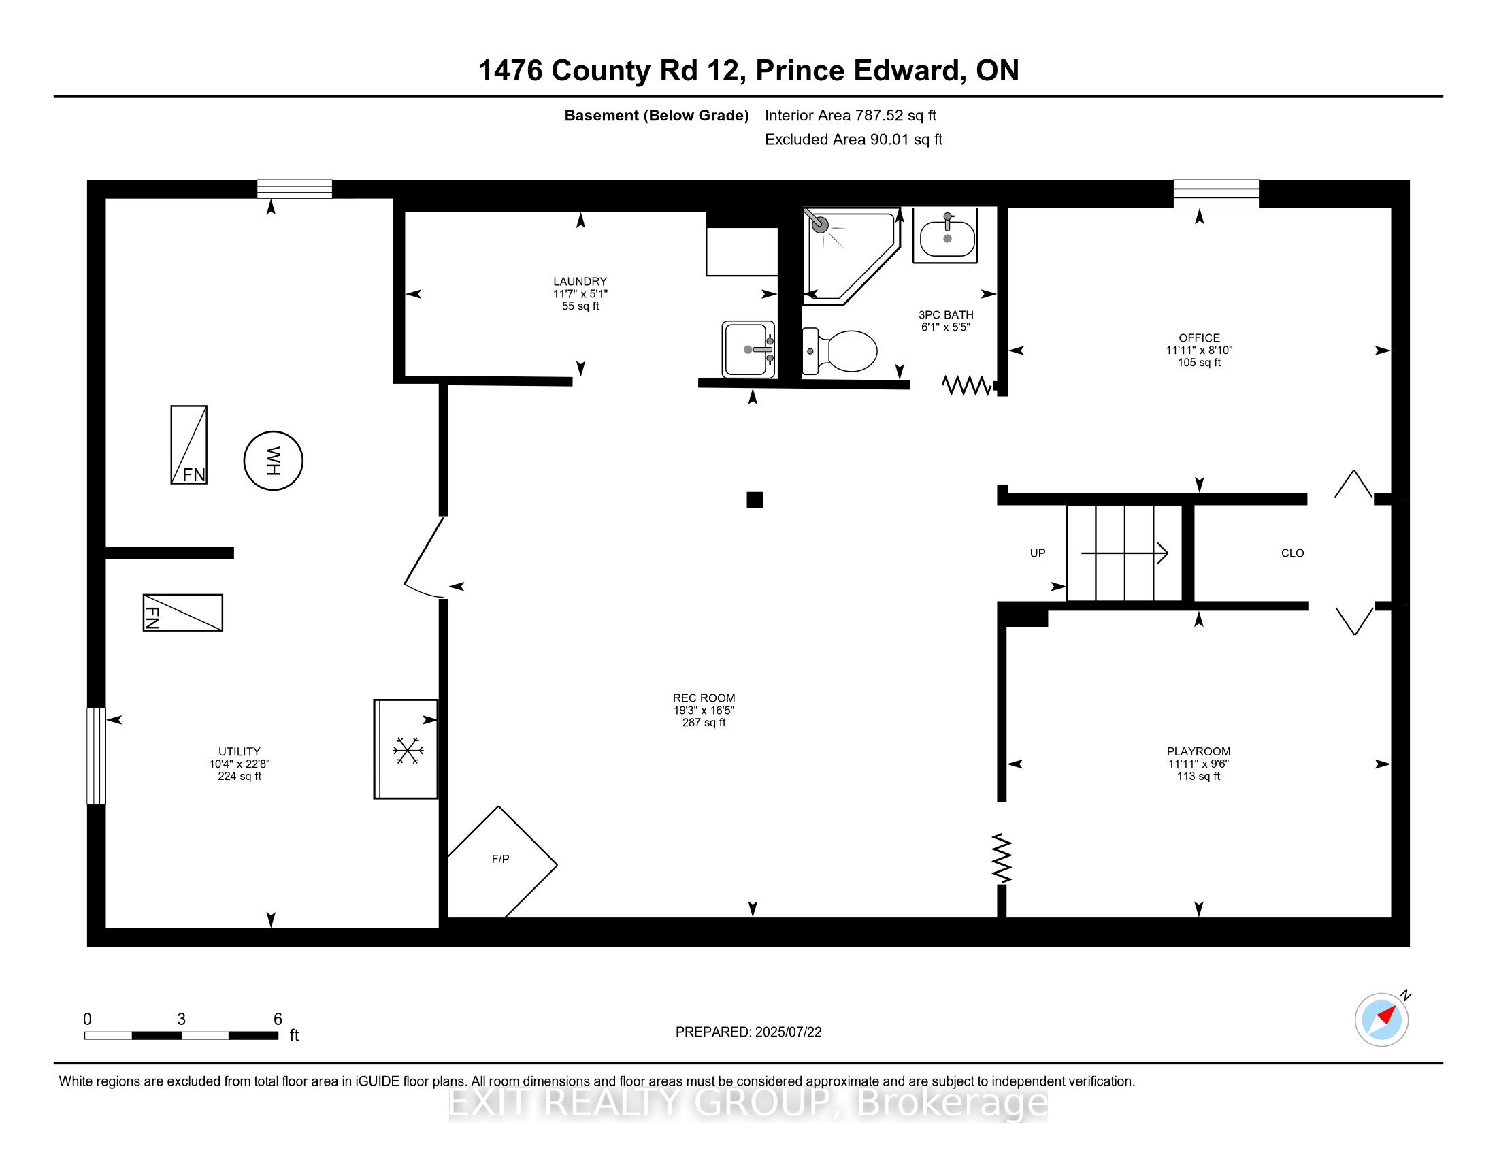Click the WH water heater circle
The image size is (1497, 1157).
(x=274, y=461)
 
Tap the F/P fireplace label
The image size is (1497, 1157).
(x=500, y=859)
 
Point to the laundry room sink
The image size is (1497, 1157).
(x=748, y=349)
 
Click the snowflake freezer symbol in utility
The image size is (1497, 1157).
(x=407, y=751)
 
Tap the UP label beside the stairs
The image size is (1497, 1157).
(x=1037, y=553)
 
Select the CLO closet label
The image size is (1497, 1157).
(x=1292, y=553)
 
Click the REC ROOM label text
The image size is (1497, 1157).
(x=704, y=698)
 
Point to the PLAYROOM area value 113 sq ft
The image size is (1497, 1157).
(x=1198, y=776)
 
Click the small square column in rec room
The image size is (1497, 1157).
(x=754, y=500)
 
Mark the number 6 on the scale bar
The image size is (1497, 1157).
(x=278, y=1019)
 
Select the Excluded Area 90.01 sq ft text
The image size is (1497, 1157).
(x=853, y=140)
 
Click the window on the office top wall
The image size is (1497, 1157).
(x=1216, y=193)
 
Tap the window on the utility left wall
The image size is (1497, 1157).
(x=97, y=755)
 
